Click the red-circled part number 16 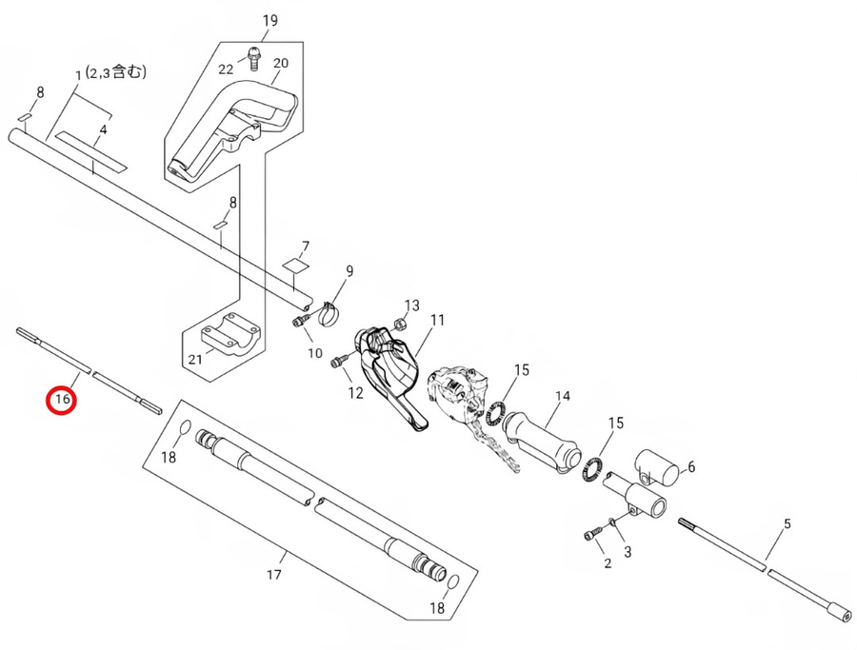(x=63, y=400)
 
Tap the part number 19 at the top (x=269, y=21)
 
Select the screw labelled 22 (x=253, y=59)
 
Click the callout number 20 (x=280, y=64)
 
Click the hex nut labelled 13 (x=401, y=325)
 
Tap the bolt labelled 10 (x=299, y=323)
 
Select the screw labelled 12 (x=338, y=362)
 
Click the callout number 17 (x=274, y=575)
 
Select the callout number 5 (x=787, y=524)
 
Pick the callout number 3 (x=627, y=551)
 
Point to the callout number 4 (x=104, y=128)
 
